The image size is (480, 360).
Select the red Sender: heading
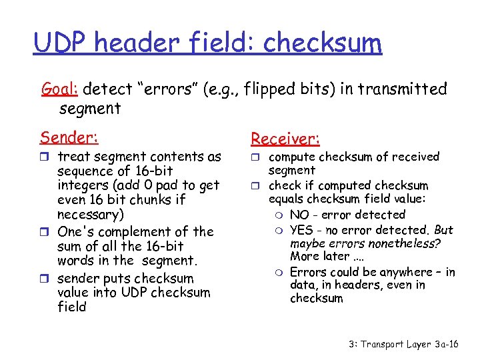pyautogui.click(x=69, y=137)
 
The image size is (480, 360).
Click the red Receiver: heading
pyautogui.click(x=285, y=139)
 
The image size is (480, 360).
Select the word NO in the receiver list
pyautogui.click(x=299, y=215)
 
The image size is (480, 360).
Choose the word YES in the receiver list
pyautogui.click(x=302, y=230)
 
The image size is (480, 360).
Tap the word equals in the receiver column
pyautogui.click(x=285, y=199)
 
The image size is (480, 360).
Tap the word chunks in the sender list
pyautogui.click(x=139, y=200)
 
